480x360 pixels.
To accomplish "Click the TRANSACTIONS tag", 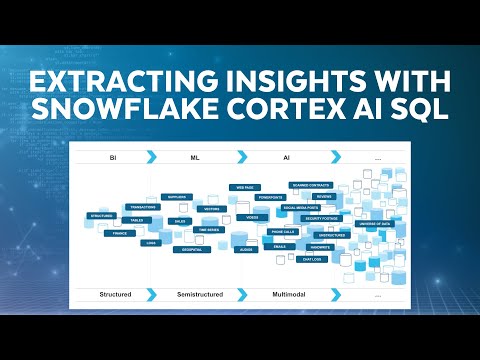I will tap(143, 207).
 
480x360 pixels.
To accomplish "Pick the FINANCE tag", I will tap(118, 232).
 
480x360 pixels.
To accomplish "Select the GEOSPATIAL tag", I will tap(187, 250).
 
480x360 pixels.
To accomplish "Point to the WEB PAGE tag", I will tap(243, 187).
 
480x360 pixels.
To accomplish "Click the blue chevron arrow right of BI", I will tap(150, 157).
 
